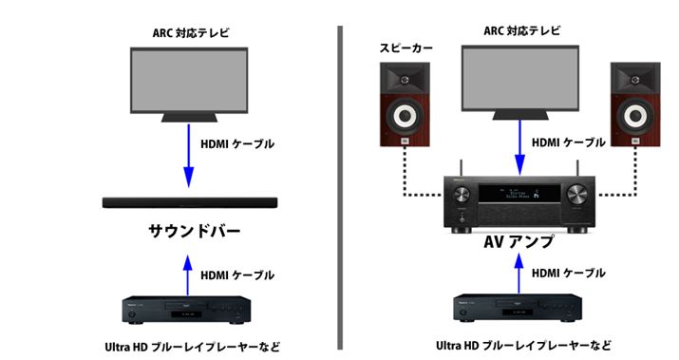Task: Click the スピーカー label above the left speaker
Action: pyautogui.click(x=403, y=46)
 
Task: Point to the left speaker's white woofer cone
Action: pyautogui.click(x=403, y=119)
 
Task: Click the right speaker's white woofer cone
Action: pyautogui.click(x=633, y=119)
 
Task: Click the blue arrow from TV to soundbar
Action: pyautogui.click(x=187, y=157)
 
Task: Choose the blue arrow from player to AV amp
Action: pyautogui.click(x=519, y=273)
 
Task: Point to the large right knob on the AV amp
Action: pyautogui.click(x=577, y=197)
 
